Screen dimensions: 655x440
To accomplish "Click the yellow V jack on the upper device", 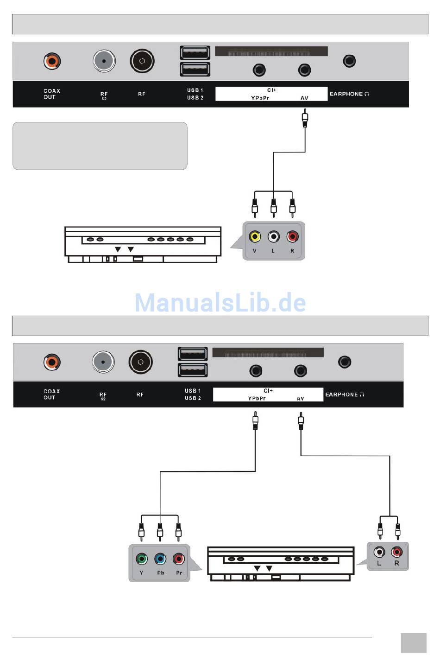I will [x=254, y=237].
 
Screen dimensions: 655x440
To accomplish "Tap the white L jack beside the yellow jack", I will [x=274, y=237].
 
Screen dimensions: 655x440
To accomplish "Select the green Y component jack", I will [x=142, y=559].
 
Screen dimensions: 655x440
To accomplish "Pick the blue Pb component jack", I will [x=160, y=559].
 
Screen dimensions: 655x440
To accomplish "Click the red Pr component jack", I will [x=179, y=559].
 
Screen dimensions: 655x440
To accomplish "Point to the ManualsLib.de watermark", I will [x=220, y=302].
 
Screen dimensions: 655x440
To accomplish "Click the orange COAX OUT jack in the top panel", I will [x=52, y=61].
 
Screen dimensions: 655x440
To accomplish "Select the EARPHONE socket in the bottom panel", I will [x=345, y=362].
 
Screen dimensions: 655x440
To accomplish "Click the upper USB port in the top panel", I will [x=195, y=53].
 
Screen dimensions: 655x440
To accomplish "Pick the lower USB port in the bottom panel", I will [x=193, y=370].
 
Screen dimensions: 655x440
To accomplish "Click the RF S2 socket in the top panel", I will [x=104, y=61].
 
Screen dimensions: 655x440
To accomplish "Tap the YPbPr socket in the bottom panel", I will [x=256, y=371].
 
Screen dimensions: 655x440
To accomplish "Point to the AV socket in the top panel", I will [x=304, y=70].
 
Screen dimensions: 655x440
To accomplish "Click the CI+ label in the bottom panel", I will [x=268, y=391].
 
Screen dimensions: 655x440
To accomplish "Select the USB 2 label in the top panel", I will [x=195, y=98].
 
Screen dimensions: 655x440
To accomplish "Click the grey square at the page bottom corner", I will [x=413, y=642].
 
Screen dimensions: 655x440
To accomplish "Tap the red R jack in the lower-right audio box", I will [x=396, y=552].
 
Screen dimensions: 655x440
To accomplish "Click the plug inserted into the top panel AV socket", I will [x=305, y=118].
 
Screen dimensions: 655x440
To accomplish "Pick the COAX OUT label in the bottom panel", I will [x=51, y=394].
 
